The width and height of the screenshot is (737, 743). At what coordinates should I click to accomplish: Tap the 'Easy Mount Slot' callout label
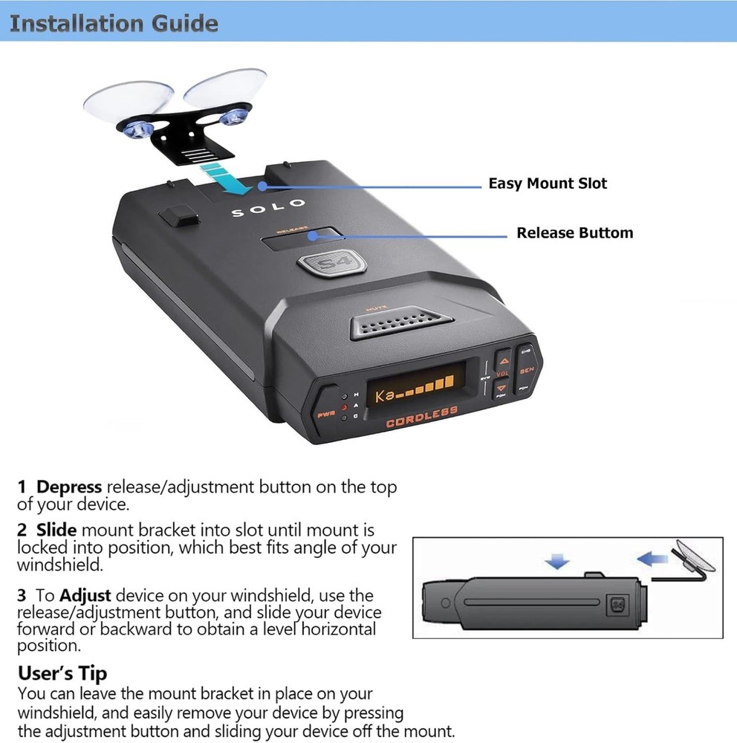(547, 184)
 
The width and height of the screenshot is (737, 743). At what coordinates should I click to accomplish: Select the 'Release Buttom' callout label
(574, 233)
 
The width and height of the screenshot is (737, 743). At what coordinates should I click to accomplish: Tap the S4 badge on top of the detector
(324, 265)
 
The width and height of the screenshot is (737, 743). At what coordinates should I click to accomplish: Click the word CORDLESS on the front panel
(421, 420)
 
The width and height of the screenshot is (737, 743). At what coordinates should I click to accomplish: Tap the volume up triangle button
(502, 357)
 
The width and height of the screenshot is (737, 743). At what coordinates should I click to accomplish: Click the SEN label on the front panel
(527, 369)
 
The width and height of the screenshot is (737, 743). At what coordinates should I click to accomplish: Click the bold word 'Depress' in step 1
(69, 487)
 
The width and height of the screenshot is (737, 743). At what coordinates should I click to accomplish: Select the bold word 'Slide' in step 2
(56, 531)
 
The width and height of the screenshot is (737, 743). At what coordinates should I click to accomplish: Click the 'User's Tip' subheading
(62, 673)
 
